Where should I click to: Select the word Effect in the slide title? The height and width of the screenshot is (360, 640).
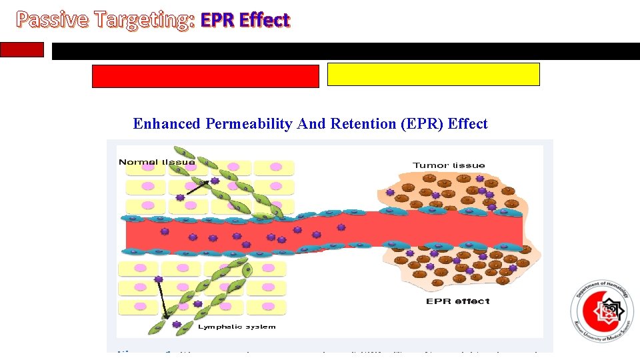pyautogui.click(x=264, y=21)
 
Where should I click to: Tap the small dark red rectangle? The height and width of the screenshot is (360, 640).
pyautogui.click(x=22, y=50)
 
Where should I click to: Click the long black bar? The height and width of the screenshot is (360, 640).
pyautogui.click(x=345, y=51)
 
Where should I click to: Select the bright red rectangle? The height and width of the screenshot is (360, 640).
pyautogui.click(x=205, y=76)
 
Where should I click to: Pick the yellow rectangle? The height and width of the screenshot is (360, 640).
pyautogui.click(x=433, y=75)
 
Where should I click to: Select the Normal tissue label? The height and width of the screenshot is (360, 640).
pyautogui.click(x=157, y=162)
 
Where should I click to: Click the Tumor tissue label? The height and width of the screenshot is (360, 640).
pyautogui.click(x=449, y=165)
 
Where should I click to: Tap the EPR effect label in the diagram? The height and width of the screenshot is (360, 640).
pyautogui.click(x=457, y=301)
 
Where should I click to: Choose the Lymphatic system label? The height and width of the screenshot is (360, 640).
pyautogui.click(x=237, y=327)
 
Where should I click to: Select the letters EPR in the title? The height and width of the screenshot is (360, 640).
pyautogui.click(x=218, y=21)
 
